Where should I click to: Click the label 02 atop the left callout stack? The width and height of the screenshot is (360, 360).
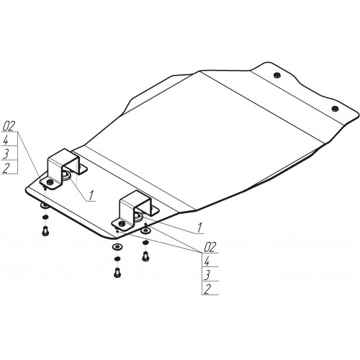9,126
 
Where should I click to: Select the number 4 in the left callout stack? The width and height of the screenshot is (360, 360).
6,140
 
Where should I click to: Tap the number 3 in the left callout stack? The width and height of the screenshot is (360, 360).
6,153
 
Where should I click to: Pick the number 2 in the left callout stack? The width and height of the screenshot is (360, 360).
6,168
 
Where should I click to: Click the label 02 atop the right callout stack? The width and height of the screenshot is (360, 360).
210,247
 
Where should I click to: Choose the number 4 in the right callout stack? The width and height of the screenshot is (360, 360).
207,261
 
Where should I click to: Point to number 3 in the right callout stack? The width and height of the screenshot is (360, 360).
207,274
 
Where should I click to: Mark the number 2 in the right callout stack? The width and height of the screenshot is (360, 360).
207,289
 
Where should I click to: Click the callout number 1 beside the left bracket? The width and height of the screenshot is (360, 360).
91,195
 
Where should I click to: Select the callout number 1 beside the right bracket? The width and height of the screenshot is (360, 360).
199,228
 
